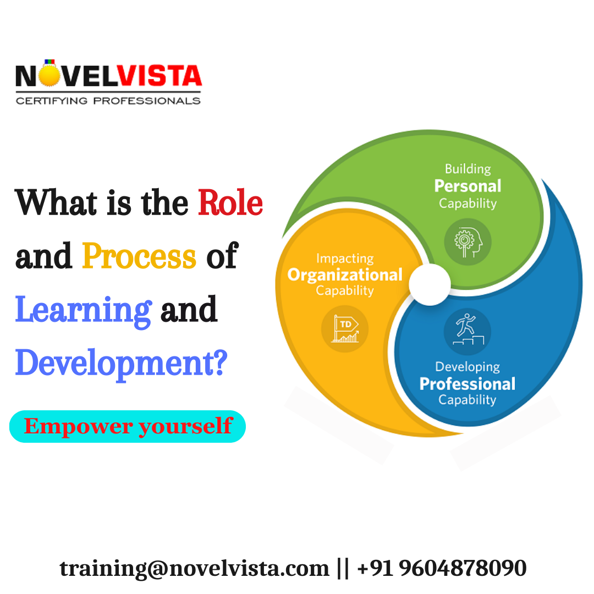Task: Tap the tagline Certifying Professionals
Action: point(108,101)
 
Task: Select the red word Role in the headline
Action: point(230,204)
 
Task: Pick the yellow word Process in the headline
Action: point(139,256)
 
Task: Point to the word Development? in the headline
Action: point(121,364)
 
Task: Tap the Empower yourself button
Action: point(128,426)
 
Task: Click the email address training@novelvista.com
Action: point(194,568)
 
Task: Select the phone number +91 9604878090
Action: point(442,568)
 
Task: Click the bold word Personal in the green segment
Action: point(468,186)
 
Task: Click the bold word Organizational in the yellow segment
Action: point(345,274)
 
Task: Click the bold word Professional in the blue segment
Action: point(468,383)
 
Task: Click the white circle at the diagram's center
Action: point(430,284)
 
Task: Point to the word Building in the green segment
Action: point(468,168)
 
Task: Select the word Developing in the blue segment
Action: point(468,366)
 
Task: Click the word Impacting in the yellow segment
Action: point(345,258)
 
